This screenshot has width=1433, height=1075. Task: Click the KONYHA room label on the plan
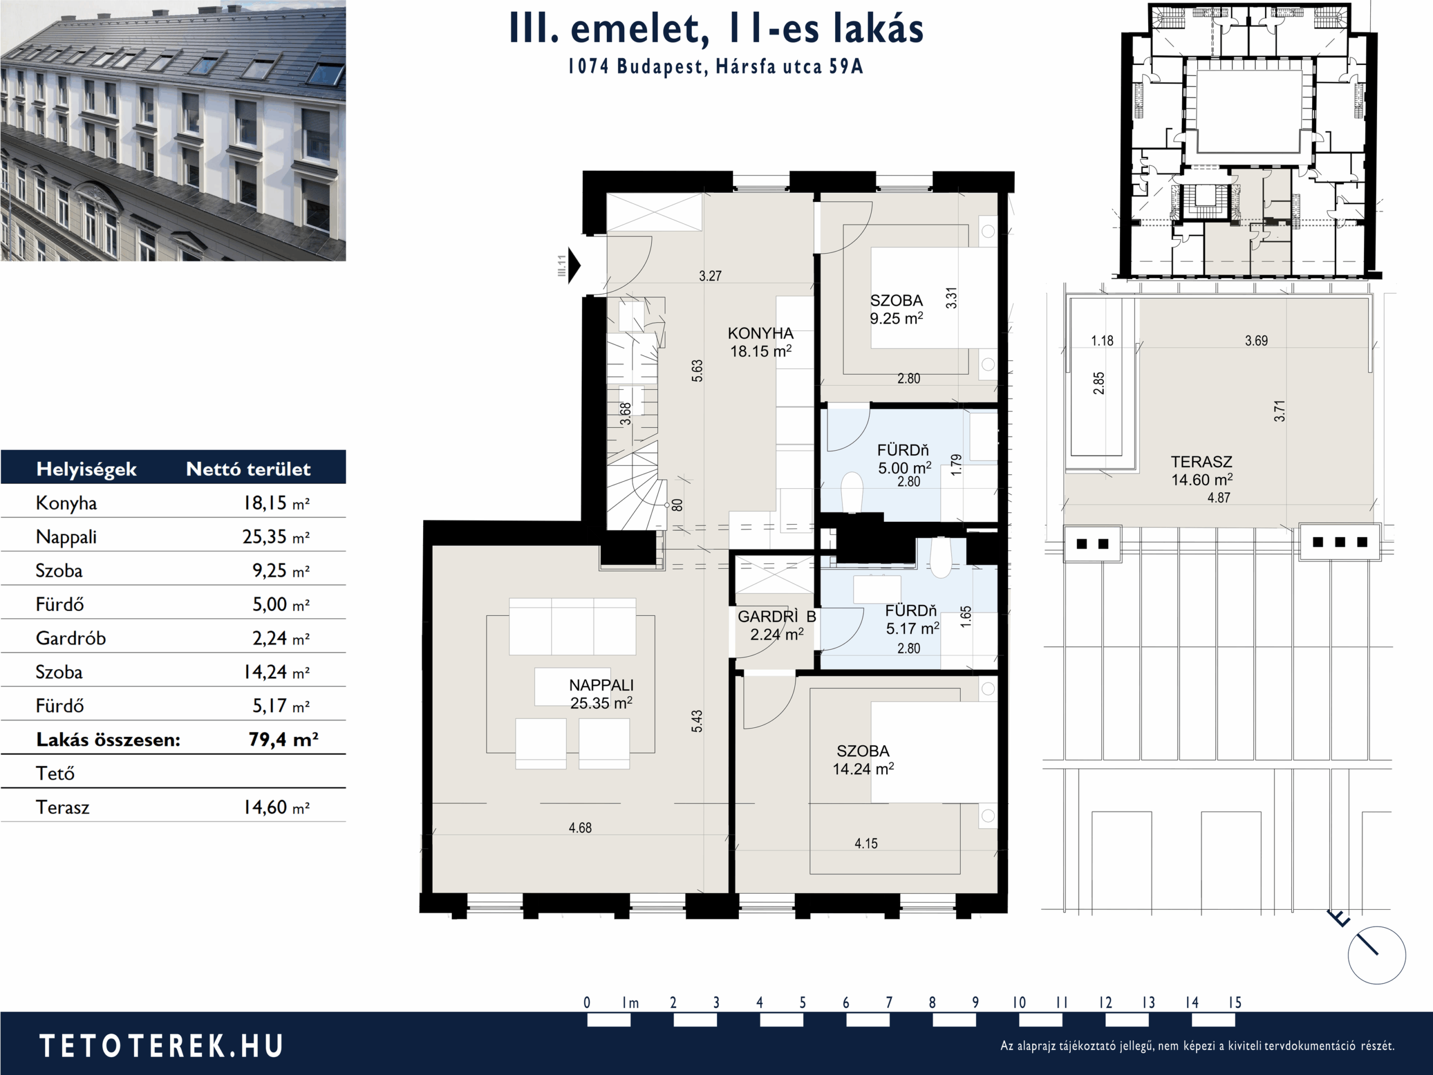[x=761, y=334]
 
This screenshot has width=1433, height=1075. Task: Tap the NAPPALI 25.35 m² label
[x=601, y=694]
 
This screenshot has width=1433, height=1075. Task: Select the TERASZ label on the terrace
[x=1201, y=462]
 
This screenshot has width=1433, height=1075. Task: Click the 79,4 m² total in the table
[x=283, y=740]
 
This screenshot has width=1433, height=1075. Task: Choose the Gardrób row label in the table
[x=71, y=638]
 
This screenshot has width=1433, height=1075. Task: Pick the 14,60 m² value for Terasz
[x=276, y=807]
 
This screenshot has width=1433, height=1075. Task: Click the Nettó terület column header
[x=248, y=469]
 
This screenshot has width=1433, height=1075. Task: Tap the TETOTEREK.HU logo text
[x=161, y=1046]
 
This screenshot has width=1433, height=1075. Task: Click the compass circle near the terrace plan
[x=1377, y=955]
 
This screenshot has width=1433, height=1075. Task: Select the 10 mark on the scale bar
[x=1019, y=1002]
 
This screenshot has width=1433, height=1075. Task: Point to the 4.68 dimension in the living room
[x=580, y=828]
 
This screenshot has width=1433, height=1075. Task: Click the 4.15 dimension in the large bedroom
[x=866, y=843]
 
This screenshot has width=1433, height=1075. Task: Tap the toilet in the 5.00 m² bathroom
[x=852, y=492]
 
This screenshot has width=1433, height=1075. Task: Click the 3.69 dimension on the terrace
[x=1256, y=341]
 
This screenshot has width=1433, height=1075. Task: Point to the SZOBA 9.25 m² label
[x=897, y=309]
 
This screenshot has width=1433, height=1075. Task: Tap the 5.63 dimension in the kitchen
[x=697, y=371]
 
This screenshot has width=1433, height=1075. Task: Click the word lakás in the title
[x=878, y=29]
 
